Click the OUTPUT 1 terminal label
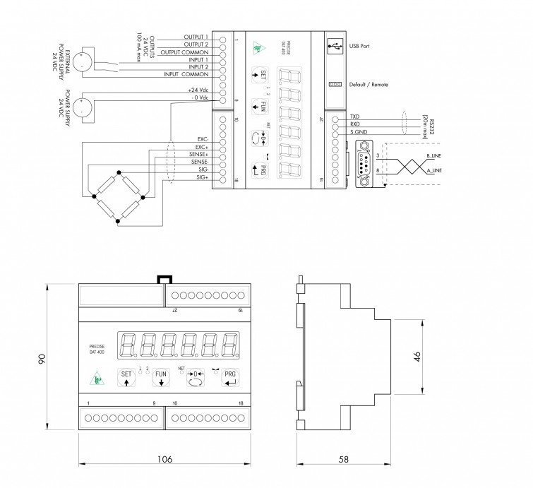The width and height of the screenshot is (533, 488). coord(196,36)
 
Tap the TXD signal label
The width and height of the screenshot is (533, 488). coord(355,115)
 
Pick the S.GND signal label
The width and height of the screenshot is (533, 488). coord(358,131)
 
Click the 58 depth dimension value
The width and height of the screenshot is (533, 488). coord(343,460)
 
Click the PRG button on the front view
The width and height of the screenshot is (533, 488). coord(231,379)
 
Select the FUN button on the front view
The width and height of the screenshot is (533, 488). coord(161,379)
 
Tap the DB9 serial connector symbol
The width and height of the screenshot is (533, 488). coord(364,162)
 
